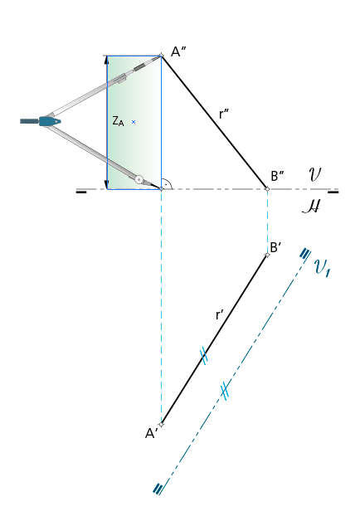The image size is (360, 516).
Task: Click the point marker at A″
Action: pyautogui.click(x=161, y=56)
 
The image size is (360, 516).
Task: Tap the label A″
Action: pyautogui.click(x=178, y=51)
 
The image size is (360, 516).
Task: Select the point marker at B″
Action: pyautogui.click(x=267, y=189)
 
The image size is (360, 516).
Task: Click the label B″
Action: pyautogui.click(x=277, y=176)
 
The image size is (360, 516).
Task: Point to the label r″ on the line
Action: pyautogui.click(x=223, y=114)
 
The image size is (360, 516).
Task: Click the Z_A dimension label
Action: pyautogui.click(x=118, y=121)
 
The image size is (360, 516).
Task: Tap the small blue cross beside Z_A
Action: pyautogui.click(x=134, y=122)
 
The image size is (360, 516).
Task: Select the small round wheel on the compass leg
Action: pyautogui.click(x=139, y=180)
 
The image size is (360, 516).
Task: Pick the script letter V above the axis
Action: pyautogui.click(x=314, y=174)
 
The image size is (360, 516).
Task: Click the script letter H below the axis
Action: pyautogui.click(x=311, y=207)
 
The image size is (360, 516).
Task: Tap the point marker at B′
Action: pyautogui.click(x=267, y=255)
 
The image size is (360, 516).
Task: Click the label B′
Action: pyautogui.click(x=275, y=247)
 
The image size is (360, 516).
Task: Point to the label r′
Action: pyautogui.click(x=220, y=314)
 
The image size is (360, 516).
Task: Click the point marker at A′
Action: pyautogui.click(x=161, y=424)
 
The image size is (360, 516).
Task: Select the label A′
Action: pyautogui.click(x=151, y=433)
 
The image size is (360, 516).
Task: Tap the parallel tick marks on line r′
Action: pyautogui.click(x=204, y=356)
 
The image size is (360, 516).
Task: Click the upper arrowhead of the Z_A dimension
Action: pyautogui.click(x=107, y=60)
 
